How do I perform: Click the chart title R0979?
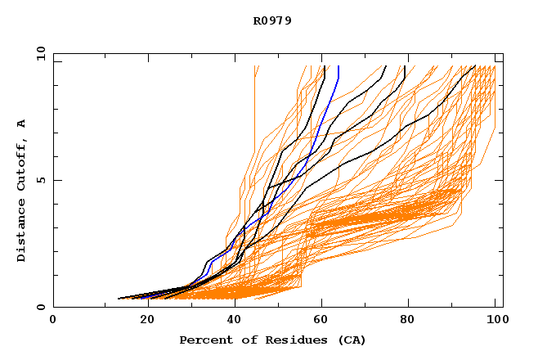272,20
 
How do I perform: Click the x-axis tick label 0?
53,320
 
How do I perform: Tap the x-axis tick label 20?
146,320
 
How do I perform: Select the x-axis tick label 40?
235,320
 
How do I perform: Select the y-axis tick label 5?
41,180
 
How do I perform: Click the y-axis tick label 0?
41,307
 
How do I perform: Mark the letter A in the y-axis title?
22,124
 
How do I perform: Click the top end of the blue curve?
338,66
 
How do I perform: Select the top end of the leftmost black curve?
325,66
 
